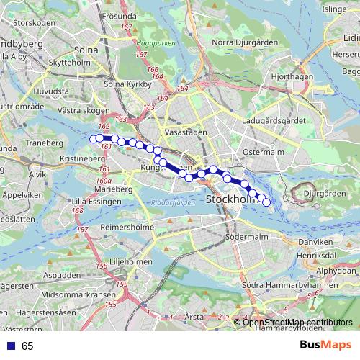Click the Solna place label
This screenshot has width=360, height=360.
click(x=86, y=50)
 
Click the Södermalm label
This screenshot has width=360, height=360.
click(x=246, y=236)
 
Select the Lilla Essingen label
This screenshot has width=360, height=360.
click(x=93, y=202)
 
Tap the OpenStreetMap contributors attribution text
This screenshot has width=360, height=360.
click(x=297, y=323)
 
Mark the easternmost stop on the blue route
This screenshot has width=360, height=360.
click(x=266, y=203)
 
